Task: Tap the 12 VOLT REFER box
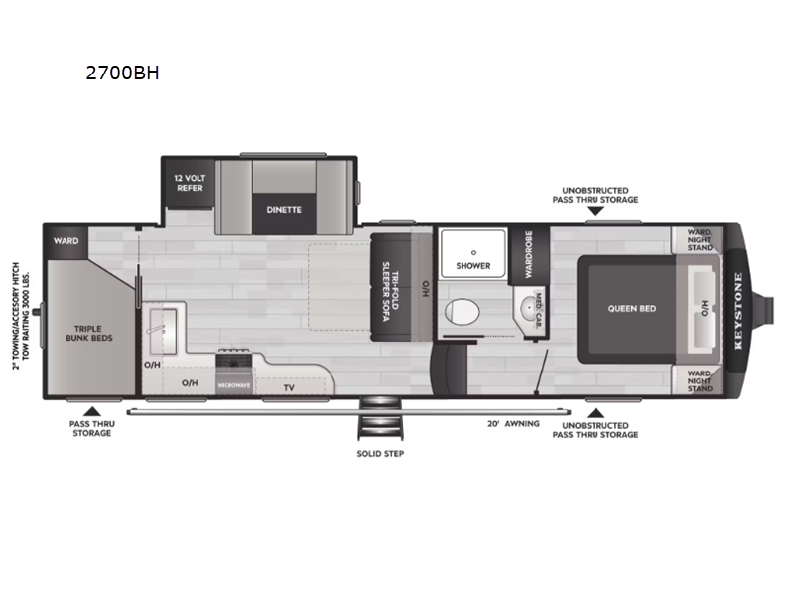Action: (190, 182)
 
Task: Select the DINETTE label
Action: (283, 209)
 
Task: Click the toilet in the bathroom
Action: (462, 312)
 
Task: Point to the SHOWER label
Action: (473, 266)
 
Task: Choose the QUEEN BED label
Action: (632, 308)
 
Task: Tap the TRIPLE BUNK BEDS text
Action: (90, 333)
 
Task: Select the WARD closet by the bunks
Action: (66, 240)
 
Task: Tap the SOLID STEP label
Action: (380, 453)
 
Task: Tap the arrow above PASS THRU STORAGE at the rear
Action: (91, 409)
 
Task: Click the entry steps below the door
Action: (380, 423)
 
